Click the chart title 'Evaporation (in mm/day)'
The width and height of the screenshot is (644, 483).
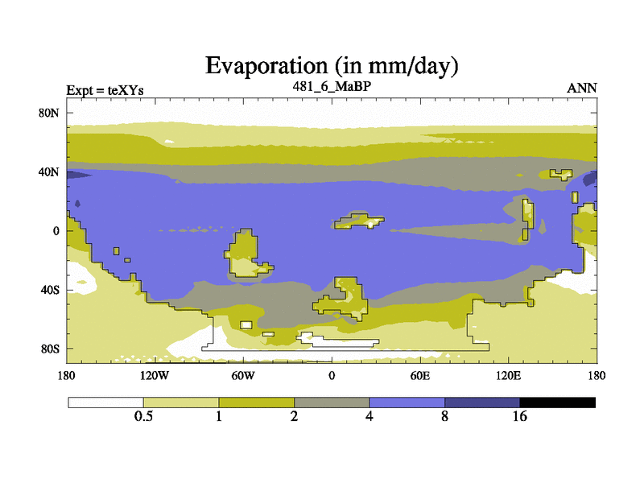point(332,66)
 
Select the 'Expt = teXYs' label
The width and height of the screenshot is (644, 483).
point(105,90)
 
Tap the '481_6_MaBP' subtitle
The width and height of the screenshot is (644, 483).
point(332,86)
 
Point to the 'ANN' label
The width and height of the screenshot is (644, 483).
point(581,89)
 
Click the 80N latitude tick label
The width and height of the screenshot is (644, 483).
point(49,113)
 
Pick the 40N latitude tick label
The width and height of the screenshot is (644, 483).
point(49,171)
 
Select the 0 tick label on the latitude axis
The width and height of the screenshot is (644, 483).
point(56,231)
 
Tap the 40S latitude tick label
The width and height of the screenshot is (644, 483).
point(50,290)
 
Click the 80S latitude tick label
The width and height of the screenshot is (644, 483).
point(50,349)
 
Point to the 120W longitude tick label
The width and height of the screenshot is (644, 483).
point(155,375)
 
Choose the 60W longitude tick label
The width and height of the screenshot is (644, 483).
point(243,375)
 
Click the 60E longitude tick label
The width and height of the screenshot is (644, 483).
point(420,375)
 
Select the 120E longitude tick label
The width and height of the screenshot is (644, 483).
point(509,375)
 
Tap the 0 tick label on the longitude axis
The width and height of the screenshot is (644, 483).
point(332,375)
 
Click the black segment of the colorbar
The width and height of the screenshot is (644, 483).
point(557,402)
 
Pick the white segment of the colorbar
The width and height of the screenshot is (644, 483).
point(106,402)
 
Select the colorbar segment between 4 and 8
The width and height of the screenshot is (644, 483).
point(407,402)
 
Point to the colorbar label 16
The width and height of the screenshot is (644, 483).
point(519,416)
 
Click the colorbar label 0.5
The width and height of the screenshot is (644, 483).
point(143,416)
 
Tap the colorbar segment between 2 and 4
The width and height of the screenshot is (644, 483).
point(332,402)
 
